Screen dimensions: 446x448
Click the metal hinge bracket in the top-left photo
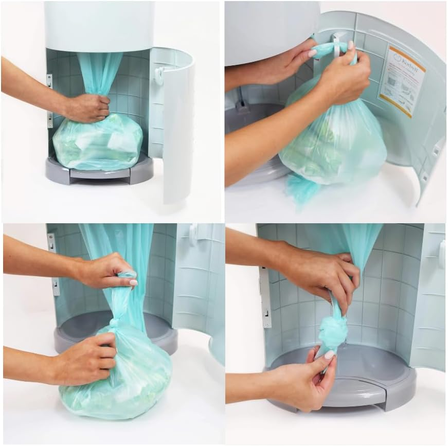point(49,100)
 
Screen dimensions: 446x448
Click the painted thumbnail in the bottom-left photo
point(133,282)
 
